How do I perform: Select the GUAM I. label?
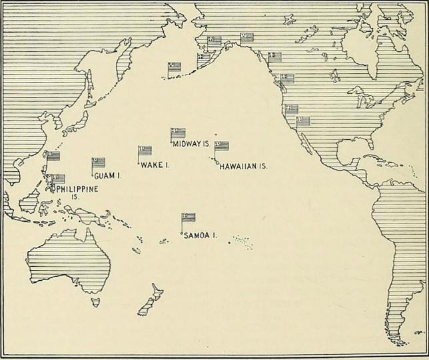pos(107,176)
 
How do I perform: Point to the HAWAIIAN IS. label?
pos(243,166)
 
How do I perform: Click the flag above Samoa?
pos(189,217)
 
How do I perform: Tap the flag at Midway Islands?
pos(178,132)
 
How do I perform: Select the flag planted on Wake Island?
pos(145,150)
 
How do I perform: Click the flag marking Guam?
pos(99,162)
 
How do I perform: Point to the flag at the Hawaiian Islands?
pos(221,146)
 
